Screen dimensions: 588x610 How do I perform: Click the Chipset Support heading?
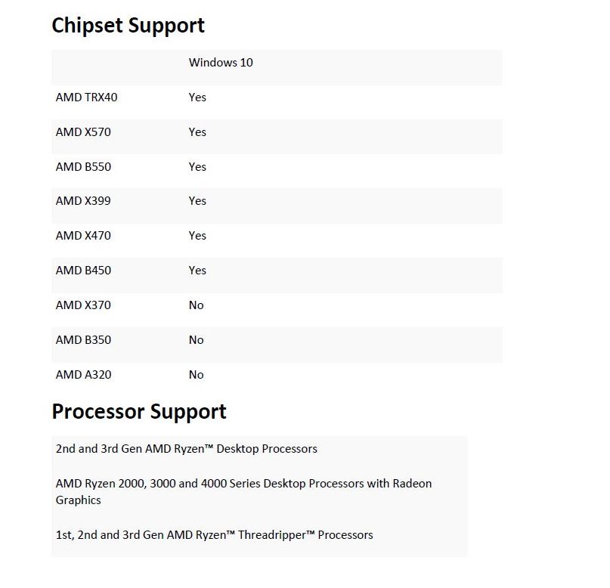click(128, 25)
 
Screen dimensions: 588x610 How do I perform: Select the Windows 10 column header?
click(221, 63)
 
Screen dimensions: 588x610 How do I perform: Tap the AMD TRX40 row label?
click(86, 97)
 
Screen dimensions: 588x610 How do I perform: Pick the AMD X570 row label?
click(83, 132)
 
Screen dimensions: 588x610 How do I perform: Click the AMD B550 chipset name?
click(83, 167)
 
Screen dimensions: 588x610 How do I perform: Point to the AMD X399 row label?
click(83, 201)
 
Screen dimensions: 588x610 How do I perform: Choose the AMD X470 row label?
click(83, 236)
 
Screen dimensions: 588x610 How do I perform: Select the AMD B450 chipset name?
click(83, 271)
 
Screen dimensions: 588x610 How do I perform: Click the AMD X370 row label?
click(83, 305)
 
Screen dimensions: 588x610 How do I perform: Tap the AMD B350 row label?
click(83, 340)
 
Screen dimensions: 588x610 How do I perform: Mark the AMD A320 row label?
click(83, 375)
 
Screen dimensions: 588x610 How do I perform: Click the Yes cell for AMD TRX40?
click(197, 97)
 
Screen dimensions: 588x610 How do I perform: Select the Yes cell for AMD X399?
click(197, 201)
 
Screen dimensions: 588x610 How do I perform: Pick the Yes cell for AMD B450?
click(197, 271)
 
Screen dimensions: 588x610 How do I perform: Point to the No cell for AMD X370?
click(197, 305)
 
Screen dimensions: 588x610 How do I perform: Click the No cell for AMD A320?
click(197, 375)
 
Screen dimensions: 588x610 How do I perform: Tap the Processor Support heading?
click(139, 412)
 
